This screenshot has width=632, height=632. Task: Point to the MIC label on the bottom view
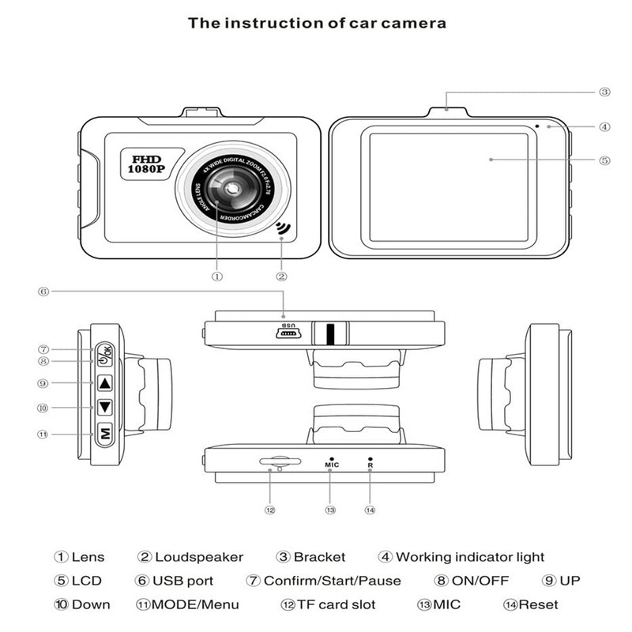331,465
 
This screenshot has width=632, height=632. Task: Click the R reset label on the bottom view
370,465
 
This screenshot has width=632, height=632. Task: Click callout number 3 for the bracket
604,92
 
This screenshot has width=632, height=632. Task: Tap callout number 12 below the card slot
270,510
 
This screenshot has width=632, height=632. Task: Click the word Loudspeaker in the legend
198,558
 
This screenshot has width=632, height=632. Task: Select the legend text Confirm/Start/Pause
332,581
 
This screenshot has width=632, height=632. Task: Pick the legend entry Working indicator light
470,558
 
